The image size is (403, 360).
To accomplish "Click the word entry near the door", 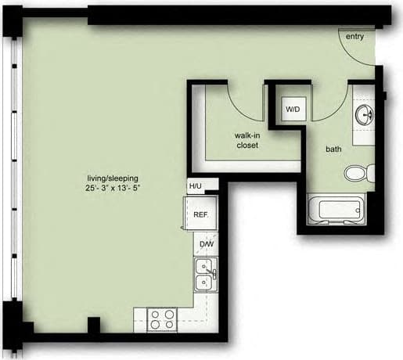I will pyautogui.click(x=354, y=37).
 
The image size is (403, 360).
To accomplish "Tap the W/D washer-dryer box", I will pyautogui.click(x=293, y=109).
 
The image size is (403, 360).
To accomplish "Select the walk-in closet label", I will pyautogui.click(x=246, y=140).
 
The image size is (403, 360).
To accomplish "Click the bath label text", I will pyautogui.click(x=334, y=149).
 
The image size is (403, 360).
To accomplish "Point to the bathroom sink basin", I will pyautogui.click(x=364, y=116).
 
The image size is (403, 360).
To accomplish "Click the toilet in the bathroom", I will pyautogui.click(x=359, y=173).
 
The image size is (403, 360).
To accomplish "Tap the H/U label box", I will pyautogui.click(x=195, y=186).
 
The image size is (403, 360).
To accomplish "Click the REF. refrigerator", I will pyautogui.click(x=200, y=214).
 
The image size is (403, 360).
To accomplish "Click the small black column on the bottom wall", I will pyautogui.click(x=94, y=325).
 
